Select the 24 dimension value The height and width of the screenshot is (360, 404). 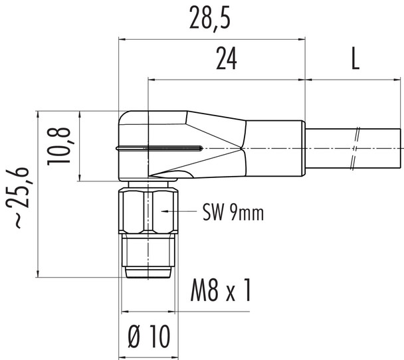click(x=227, y=60)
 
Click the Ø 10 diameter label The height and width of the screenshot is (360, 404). click(x=149, y=337)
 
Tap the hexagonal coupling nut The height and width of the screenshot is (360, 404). click(x=150, y=210)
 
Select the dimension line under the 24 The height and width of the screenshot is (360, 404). click(x=227, y=80)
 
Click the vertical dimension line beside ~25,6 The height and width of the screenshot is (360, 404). click(x=40, y=193)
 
